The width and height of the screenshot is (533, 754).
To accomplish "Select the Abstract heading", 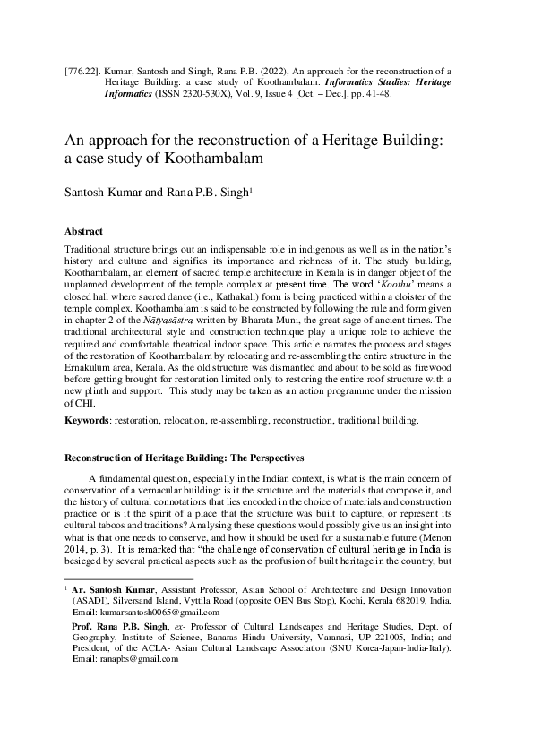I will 84,231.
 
